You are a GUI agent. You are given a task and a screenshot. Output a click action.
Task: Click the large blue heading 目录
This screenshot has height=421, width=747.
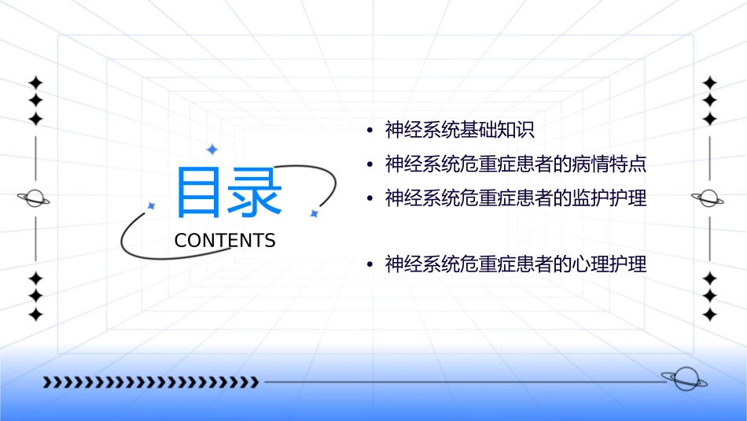229,194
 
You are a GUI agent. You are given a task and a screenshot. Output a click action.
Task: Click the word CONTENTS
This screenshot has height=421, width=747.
225,241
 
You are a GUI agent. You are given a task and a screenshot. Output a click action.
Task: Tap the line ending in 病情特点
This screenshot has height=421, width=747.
515,164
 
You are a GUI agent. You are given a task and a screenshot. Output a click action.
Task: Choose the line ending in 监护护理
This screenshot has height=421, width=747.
515,198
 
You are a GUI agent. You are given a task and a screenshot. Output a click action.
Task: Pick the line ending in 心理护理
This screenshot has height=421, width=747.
515,264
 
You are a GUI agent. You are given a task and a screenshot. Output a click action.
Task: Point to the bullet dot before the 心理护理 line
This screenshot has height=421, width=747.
370,265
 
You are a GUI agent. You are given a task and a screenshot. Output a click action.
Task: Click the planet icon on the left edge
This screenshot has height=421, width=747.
35,198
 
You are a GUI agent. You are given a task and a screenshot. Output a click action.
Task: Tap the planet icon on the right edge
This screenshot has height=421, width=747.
708,198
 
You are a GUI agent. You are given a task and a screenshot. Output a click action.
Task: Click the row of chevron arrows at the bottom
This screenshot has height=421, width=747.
151,382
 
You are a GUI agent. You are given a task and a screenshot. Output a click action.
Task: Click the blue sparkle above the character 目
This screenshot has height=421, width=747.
211,149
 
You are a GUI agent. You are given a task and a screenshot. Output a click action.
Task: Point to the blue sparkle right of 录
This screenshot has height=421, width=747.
313,213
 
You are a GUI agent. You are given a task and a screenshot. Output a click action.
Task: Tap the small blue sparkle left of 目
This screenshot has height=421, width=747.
152,205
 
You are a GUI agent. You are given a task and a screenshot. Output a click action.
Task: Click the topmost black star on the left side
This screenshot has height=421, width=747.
35,83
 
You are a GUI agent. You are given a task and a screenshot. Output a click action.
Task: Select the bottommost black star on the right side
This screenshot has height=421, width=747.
709,314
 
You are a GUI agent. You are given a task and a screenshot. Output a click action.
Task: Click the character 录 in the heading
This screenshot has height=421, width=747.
256,194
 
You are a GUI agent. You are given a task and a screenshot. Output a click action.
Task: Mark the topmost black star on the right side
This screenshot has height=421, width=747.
709,83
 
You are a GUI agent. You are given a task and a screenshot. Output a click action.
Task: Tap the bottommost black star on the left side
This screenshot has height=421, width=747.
35,314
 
